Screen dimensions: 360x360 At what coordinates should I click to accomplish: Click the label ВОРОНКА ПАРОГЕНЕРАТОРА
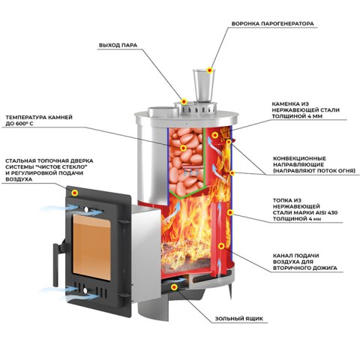coord(272,24)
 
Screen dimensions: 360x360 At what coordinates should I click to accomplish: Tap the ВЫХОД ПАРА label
coord(118,45)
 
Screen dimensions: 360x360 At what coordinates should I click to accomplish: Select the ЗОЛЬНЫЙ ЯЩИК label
coord(239,319)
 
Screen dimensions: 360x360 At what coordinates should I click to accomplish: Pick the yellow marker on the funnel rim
coord(210,70)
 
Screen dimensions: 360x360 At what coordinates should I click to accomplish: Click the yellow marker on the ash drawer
coord(174,287)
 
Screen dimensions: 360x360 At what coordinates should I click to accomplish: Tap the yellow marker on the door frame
coord(74,193)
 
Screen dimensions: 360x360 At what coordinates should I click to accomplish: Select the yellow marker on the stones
coord(184,148)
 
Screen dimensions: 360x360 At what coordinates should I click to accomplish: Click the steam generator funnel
coord(203,85)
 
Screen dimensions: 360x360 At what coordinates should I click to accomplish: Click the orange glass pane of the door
coord(91,247)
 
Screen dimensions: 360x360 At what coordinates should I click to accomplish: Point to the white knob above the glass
coord(86,210)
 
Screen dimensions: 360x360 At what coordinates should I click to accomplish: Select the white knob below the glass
coord(85,290)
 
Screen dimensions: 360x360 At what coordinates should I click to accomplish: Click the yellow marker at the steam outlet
coord(184,102)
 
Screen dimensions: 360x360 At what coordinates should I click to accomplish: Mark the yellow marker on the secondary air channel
coord(221,246)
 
